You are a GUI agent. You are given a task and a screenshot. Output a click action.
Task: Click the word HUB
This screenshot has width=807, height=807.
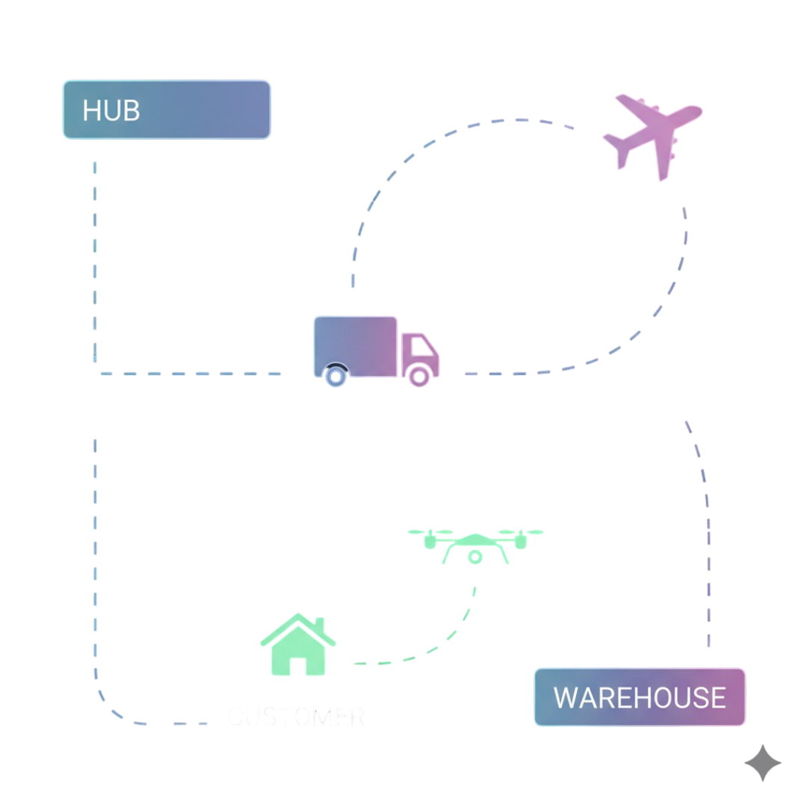(111, 111)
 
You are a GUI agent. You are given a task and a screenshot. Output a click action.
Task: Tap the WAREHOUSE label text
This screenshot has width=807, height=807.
(640, 698)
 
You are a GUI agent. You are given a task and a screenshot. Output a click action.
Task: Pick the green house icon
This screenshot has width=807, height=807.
(297, 644)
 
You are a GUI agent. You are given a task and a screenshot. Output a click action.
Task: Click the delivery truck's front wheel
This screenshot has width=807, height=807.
(420, 375)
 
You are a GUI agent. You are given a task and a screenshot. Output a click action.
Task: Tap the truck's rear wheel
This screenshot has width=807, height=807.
(336, 375)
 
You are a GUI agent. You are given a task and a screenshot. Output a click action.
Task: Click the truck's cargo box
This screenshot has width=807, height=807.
(355, 344)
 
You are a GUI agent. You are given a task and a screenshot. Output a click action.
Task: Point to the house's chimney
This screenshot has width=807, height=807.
(319, 624)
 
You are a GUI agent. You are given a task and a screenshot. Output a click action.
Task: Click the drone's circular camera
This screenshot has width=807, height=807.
(475, 557)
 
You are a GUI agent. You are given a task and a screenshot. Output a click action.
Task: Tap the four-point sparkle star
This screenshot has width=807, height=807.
(763, 763)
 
